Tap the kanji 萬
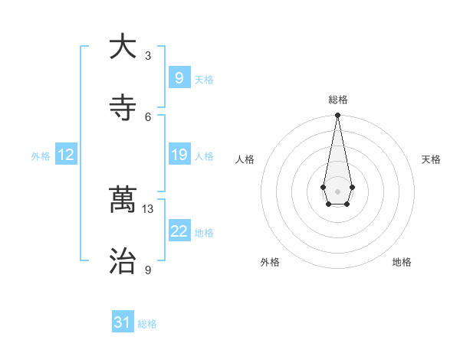[x=123, y=201]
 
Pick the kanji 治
[x=123, y=262]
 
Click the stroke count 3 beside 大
[x=148, y=55]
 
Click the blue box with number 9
[x=179, y=78]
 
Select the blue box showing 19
[x=179, y=155]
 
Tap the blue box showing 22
[x=179, y=231]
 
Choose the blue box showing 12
[x=66, y=155]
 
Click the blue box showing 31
[x=123, y=322]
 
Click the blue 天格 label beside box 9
[x=204, y=80]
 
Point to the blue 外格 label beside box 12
[x=41, y=156]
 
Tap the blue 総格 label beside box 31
[x=147, y=324]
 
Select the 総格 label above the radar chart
[x=337, y=100]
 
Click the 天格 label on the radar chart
[x=432, y=159]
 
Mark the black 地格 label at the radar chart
[x=402, y=262]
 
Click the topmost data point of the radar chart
[x=337, y=115]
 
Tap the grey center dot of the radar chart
[x=337, y=190]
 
